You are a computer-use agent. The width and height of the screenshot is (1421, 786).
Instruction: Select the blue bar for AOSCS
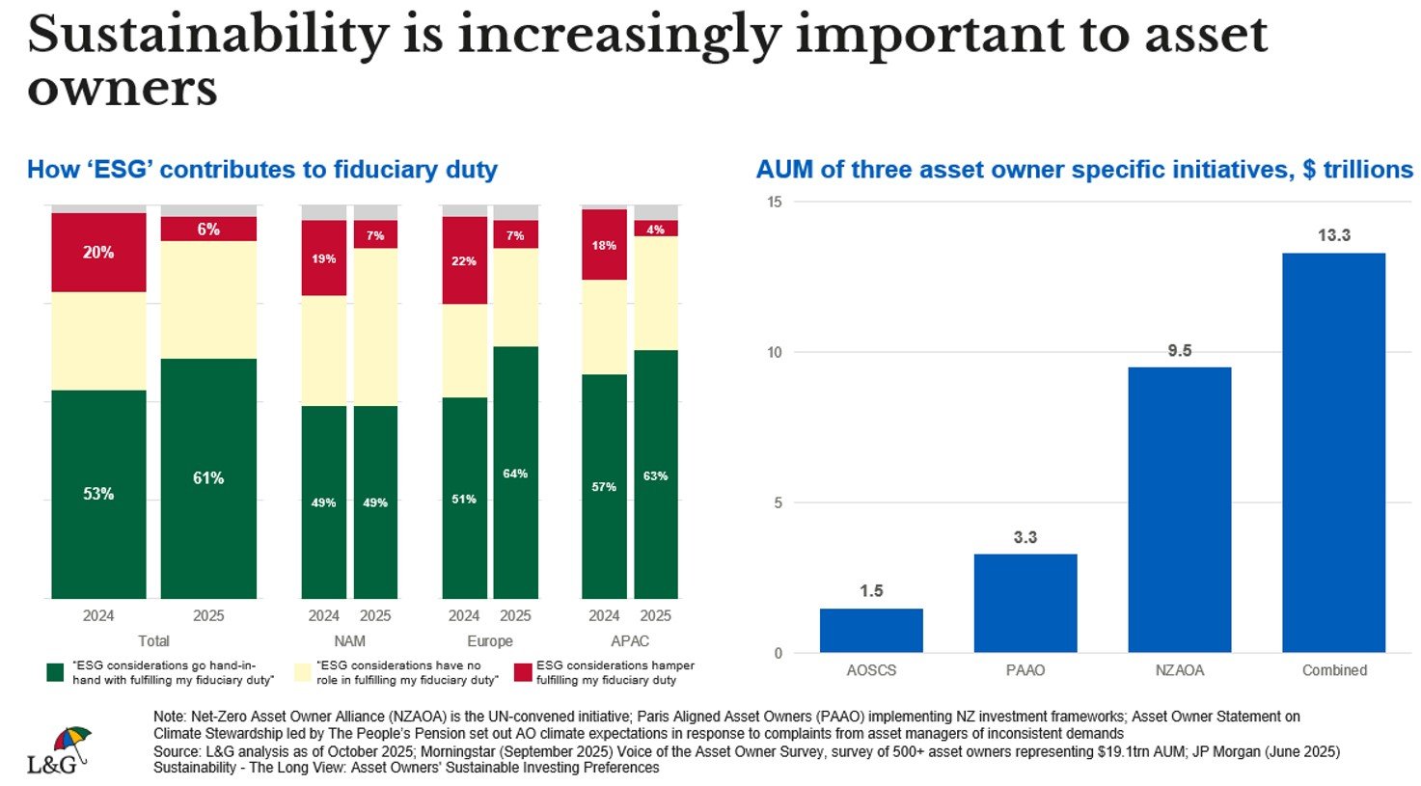(871, 631)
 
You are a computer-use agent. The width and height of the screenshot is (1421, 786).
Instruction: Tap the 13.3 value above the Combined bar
(1333, 235)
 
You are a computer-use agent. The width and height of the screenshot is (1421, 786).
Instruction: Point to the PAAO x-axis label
(1025, 670)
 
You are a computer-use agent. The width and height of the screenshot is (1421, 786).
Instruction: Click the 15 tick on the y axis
(775, 202)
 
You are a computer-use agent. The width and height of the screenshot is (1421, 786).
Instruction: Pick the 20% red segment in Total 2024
(98, 253)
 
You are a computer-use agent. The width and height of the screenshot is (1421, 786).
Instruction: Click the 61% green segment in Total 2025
(208, 478)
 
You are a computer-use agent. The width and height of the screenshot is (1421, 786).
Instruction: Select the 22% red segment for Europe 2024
(464, 260)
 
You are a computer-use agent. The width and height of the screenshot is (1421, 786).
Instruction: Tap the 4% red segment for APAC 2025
(656, 229)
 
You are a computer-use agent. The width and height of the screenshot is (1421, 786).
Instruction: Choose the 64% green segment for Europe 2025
(515, 473)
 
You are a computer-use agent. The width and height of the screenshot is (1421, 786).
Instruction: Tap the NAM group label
(349, 641)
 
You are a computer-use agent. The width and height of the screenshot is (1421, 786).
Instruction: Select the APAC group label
(630, 641)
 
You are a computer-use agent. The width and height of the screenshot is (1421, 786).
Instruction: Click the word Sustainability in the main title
(207, 36)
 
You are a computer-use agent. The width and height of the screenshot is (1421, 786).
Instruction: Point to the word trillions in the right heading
(1367, 170)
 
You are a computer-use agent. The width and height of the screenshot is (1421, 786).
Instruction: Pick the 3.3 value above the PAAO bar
(1025, 537)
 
